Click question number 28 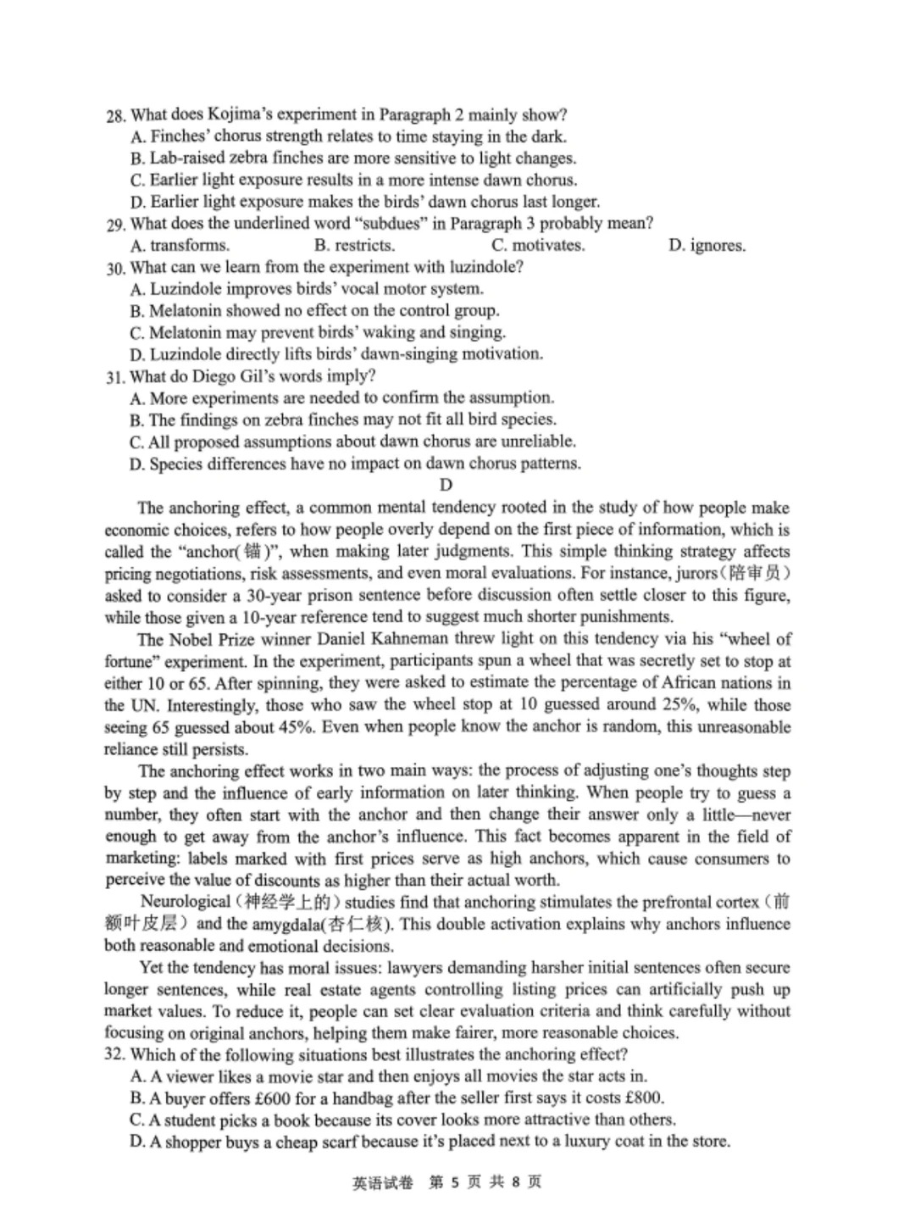116,115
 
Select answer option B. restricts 354,246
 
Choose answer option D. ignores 707,246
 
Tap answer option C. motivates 538,246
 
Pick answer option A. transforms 180,246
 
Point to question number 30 116,268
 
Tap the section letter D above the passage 446,485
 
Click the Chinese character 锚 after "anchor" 253,552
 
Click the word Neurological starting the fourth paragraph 185,902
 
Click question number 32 115,1055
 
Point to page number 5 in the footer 454,1182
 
